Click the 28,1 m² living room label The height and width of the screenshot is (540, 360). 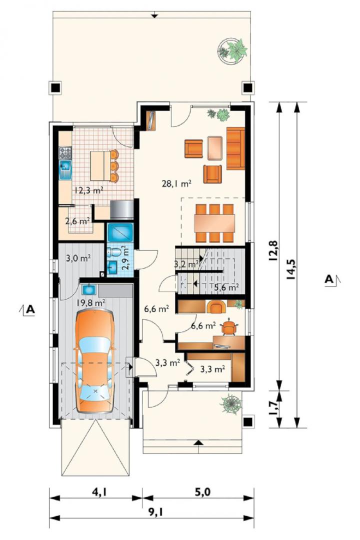click(176, 184)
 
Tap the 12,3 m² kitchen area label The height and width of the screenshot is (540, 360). click(89, 190)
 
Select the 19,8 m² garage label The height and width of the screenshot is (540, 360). click(90, 303)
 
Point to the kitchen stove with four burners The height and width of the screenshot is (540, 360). click(65, 153)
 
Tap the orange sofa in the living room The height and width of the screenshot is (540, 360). click(235, 148)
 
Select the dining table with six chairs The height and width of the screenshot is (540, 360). click(214, 223)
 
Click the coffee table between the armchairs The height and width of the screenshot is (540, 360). click(214, 148)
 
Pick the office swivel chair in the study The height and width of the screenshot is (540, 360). click(229, 327)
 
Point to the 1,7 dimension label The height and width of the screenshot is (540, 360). click(274, 407)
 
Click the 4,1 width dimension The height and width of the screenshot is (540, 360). click(98, 493)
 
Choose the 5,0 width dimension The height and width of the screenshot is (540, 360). click(202, 492)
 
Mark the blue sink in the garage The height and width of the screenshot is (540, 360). click(89, 290)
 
